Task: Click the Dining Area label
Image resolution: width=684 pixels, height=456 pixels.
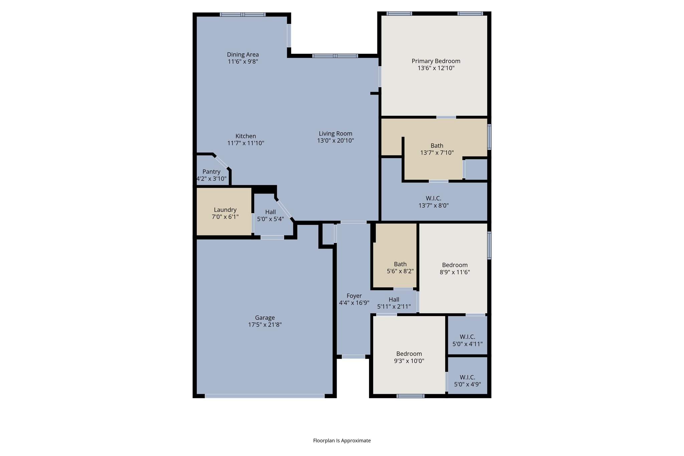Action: (243, 54)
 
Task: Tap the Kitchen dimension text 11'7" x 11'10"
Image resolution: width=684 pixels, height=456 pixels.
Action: (246, 143)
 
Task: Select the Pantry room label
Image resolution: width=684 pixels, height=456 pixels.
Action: (211, 172)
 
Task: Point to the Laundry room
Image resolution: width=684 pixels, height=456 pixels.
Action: (225, 213)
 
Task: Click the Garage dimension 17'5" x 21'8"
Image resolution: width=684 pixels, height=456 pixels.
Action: (265, 325)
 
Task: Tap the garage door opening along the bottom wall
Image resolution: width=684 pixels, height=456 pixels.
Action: (265, 396)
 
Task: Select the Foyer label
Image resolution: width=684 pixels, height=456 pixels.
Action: (354, 296)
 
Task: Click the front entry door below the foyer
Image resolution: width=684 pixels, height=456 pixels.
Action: (353, 357)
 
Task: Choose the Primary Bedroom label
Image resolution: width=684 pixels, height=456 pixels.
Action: (436, 61)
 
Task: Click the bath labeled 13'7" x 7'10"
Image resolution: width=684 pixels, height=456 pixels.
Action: (437, 149)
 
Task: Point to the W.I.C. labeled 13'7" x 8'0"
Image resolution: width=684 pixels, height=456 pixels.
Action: (434, 202)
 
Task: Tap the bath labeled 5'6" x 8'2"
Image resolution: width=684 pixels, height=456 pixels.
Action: (400, 268)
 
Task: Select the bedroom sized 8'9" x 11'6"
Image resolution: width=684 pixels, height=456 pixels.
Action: (455, 268)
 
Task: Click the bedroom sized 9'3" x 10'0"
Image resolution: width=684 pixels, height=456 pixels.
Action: (409, 357)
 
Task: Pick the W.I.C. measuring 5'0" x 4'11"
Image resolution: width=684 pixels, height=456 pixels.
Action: (467, 340)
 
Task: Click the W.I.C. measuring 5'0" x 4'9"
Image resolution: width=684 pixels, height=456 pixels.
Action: (467, 381)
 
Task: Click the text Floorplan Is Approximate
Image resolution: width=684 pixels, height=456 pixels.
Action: (342, 441)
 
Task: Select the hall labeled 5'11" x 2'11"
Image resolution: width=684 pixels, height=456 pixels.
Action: (394, 303)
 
